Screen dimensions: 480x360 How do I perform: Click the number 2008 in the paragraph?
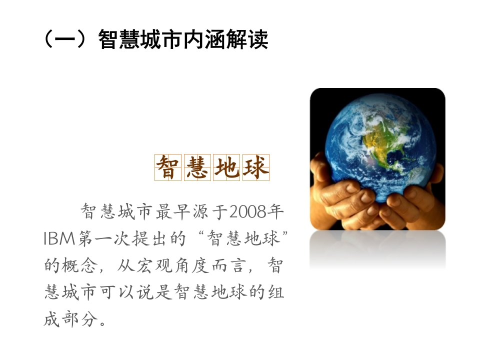(247, 212)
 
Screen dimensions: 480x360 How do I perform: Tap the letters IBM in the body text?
(59, 238)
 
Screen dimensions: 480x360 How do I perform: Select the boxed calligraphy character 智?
(167, 167)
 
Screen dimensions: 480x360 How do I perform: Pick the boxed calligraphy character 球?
(255, 167)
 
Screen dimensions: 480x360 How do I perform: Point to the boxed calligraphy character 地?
(226, 167)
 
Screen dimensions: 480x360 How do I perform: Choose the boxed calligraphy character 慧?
(197, 167)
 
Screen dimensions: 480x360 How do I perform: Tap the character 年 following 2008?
(275, 212)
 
